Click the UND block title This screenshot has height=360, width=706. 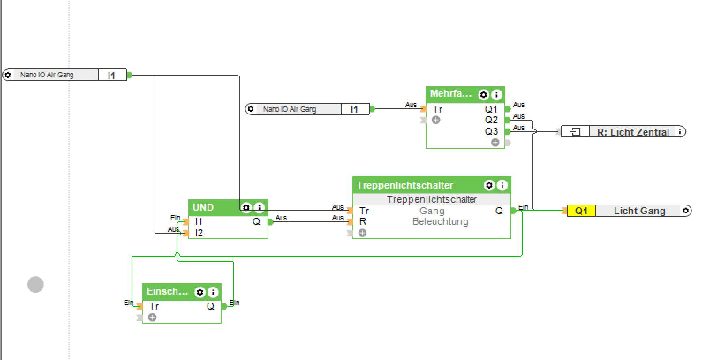[x=203, y=207]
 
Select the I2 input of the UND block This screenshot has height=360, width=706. [x=199, y=233]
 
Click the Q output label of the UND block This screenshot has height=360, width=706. [x=256, y=221]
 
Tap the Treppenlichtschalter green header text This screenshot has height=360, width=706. [x=405, y=185]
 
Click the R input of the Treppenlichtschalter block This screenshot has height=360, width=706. [x=363, y=221]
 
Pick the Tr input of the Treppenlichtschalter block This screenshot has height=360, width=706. [x=364, y=211]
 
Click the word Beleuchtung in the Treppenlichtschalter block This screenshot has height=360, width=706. [x=440, y=222]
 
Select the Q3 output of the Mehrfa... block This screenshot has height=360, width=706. [x=491, y=131]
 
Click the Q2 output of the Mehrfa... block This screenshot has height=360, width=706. [x=491, y=120]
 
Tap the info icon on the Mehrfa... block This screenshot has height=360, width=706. [x=496, y=95]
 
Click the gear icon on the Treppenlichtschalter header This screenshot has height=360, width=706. [x=489, y=185]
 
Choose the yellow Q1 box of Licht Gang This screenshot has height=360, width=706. [x=581, y=211]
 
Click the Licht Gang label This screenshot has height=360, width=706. [x=639, y=211]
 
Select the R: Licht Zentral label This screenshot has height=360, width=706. [x=633, y=132]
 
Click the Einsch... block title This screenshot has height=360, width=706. [x=167, y=292]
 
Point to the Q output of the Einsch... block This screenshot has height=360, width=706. [x=210, y=306]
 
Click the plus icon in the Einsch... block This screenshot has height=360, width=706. [x=152, y=317]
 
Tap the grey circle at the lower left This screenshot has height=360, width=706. [x=35, y=284]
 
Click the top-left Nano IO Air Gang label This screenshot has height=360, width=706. [x=47, y=75]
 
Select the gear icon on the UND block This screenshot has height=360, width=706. [x=246, y=207]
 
